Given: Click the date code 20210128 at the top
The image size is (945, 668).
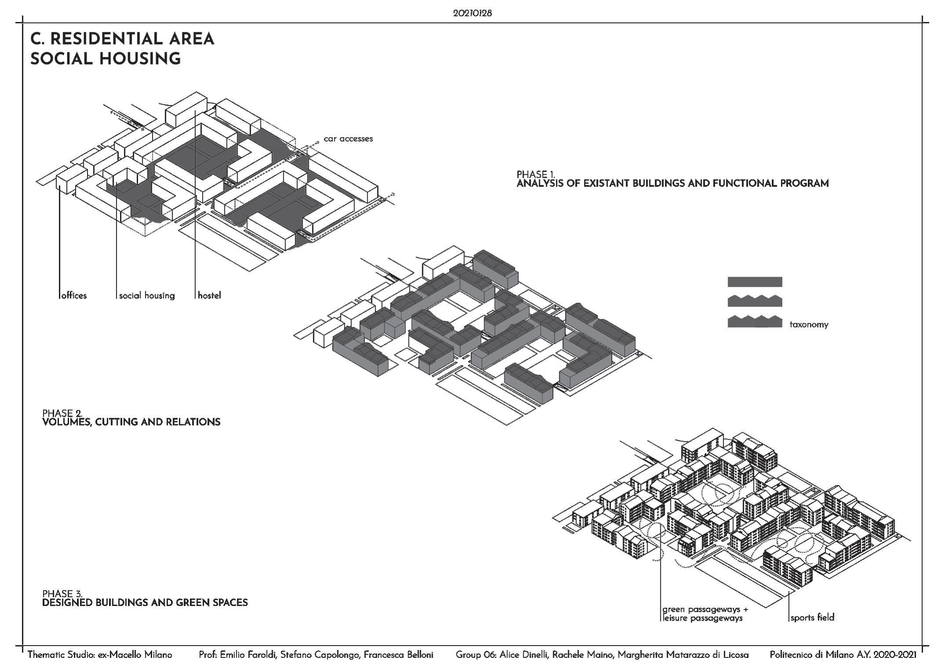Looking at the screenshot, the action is coord(472,13).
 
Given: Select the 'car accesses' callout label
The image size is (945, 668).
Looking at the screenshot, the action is coord(348,139).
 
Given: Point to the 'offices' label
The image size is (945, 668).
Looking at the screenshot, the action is coord(74,296).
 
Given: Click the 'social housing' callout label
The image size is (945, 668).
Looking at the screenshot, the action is coord(147,296).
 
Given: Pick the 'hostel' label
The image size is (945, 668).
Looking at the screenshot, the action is coord(209,296).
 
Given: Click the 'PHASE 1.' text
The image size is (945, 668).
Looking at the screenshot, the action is coord(536,175).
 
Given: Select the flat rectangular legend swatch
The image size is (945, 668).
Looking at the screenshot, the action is coord(755,282).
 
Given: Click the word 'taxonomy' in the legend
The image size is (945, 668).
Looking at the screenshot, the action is coord(809,325).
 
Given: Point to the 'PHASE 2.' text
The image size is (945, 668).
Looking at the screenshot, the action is coord(62,413).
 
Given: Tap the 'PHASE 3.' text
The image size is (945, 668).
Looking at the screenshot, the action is coord(62,594).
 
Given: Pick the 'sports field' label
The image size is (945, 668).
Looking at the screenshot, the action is coord(812,617).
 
